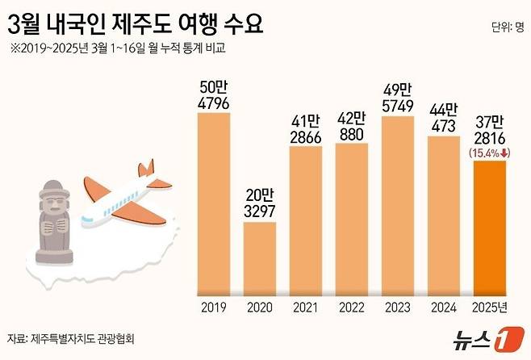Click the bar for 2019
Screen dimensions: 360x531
click(214, 202)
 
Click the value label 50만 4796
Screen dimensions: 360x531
click(214, 94)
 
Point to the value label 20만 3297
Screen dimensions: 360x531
click(260, 203)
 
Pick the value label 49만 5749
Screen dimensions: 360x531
click(397, 98)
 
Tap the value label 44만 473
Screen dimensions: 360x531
click(442, 118)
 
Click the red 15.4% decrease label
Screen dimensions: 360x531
click(488, 152)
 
